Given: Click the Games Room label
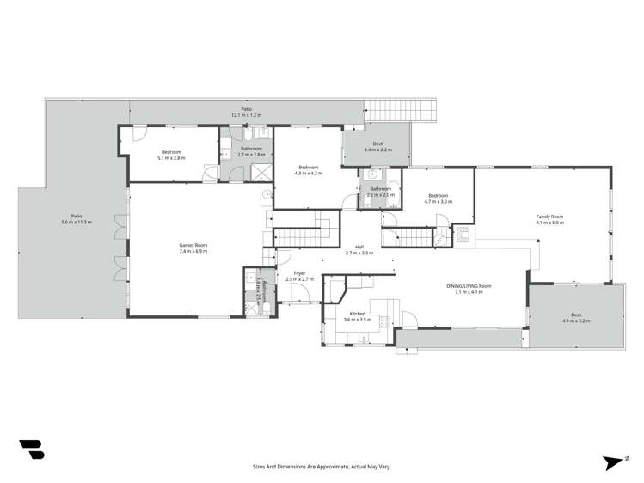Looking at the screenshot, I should [x=193, y=248].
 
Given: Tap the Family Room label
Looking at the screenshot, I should [x=549, y=219].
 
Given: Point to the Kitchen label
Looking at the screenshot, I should [x=357, y=316].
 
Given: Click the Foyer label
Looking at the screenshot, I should [x=299, y=276].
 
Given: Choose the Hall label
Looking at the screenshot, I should [x=359, y=250].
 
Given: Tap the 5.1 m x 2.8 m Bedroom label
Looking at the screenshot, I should [x=171, y=156].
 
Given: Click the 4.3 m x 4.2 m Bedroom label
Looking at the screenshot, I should [x=308, y=169].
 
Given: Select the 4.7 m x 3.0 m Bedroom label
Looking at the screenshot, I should [x=438, y=199].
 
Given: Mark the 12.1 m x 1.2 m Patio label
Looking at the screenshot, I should [x=246, y=113].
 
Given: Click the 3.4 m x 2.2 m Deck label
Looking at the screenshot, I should [x=377, y=147].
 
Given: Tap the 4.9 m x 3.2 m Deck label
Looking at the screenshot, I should [x=576, y=317].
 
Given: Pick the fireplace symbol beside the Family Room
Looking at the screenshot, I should [x=463, y=232].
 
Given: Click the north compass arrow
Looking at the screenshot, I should [x=612, y=462].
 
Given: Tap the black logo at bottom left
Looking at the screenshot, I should [x=31, y=449].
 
